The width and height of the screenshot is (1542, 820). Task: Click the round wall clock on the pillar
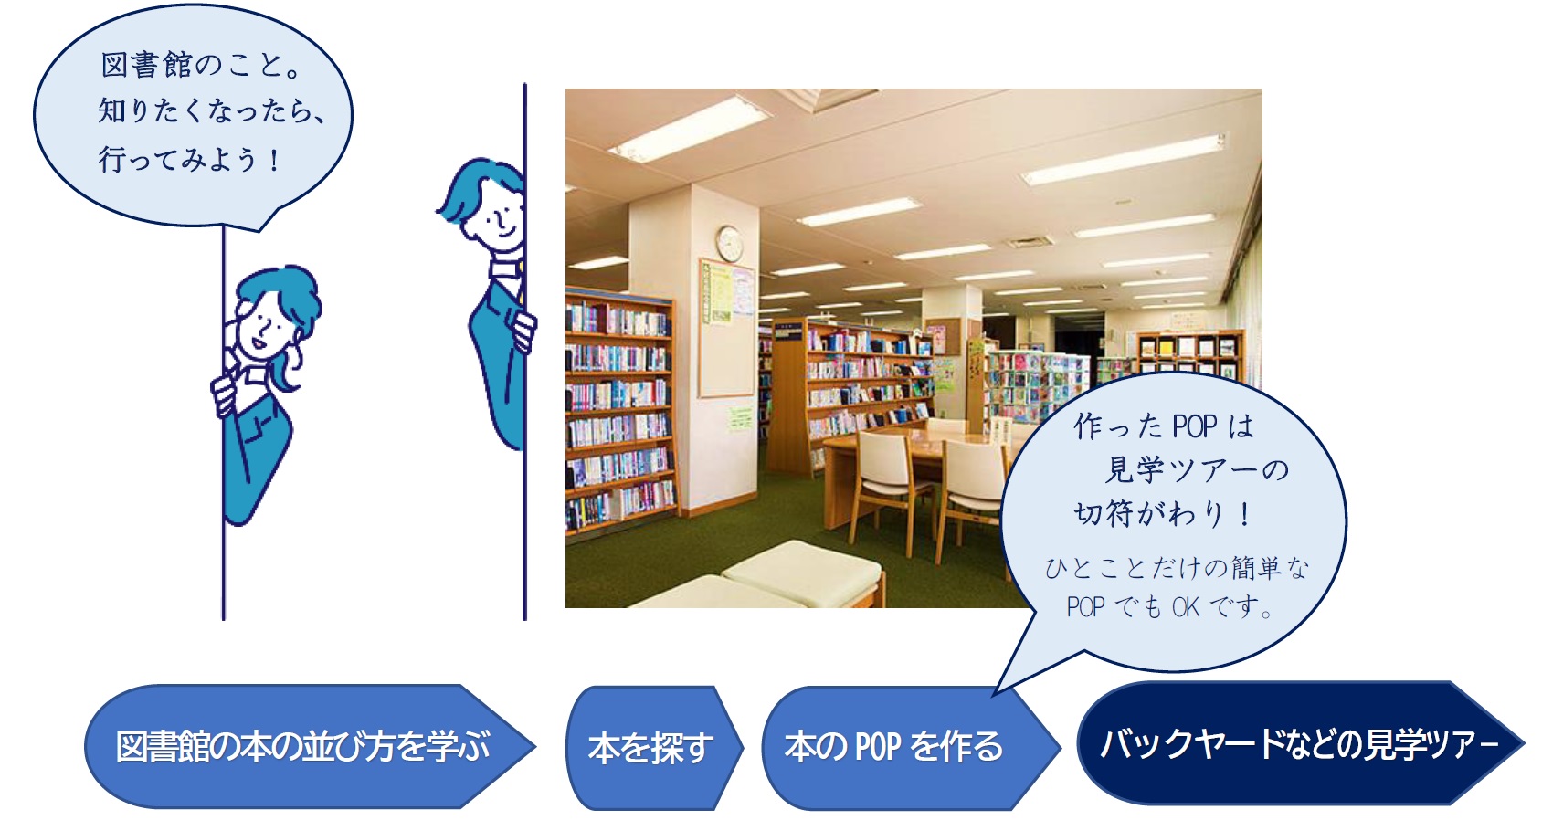(728, 244)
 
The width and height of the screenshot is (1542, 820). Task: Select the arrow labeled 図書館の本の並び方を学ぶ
(310, 746)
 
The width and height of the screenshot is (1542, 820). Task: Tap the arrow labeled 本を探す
(654, 747)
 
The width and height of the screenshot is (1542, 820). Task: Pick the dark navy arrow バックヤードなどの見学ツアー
(1300, 743)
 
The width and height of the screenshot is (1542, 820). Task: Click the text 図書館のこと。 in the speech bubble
(200, 66)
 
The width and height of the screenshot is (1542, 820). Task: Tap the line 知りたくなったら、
(211, 111)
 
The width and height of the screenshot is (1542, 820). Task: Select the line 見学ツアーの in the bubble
(1197, 470)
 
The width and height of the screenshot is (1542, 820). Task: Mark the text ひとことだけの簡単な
(1177, 568)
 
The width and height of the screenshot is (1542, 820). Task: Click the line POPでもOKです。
(1169, 606)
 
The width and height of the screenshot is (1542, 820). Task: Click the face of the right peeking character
(498, 217)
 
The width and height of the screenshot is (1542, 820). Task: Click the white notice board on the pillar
(727, 328)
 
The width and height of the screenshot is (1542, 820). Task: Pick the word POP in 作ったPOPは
(1194, 426)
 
